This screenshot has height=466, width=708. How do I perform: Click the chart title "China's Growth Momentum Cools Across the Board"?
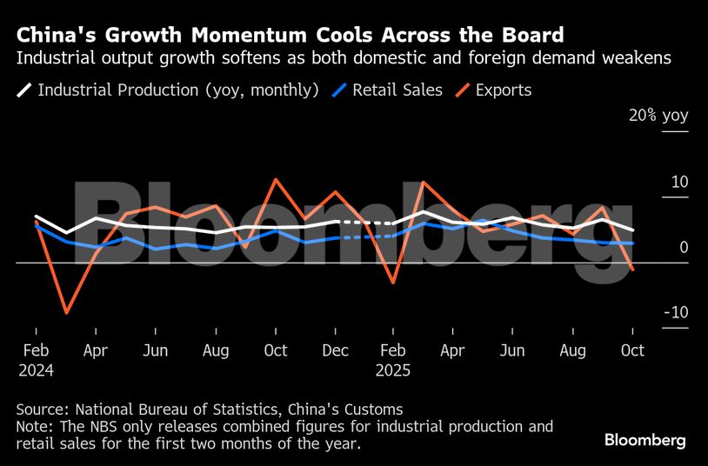pyautogui.click(x=291, y=36)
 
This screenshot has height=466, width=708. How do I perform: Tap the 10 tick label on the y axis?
pyautogui.click(x=679, y=182)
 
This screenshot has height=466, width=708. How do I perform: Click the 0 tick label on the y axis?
pyautogui.click(x=684, y=248)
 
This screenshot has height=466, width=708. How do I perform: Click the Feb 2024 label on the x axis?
pyautogui.click(x=36, y=359)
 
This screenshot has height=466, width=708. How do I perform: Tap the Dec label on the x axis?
pyautogui.click(x=335, y=350)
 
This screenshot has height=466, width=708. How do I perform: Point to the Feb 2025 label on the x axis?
pyautogui.click(x=394, y=359)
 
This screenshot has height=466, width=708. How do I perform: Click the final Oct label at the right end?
pyautogui.click(x=632, y=350)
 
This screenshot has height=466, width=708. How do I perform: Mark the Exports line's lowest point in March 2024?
pyautogui.click(x=66, y=312)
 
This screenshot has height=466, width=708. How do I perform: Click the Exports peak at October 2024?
pyautogui.click(x=276, y=180)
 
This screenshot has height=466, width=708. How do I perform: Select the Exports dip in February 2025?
pyautogui.click(x=393, y=282)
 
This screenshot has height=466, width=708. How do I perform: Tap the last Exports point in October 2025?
pyautogui.click(x=632, y=270)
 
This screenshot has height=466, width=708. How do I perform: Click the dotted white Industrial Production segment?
pyautogui.click(x=364, y=223)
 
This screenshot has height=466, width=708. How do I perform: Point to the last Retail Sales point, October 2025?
pyautogui.click(x=632, y=243)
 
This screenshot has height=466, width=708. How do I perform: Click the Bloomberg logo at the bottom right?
pyautogui.click(x=645, y=441)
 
